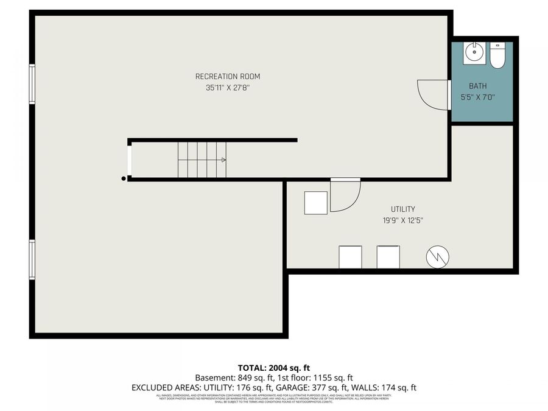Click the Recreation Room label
(x=227, y=76)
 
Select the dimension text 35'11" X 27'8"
(x=227, y=88)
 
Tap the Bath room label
(x=477, y=86)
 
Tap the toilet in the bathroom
(x=497, y=55)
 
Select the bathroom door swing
(x=432, y=94)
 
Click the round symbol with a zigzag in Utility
(x=437, y=258)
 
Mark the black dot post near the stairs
(x=124, y=178)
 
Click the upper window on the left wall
(x=32, y=84)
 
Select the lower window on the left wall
(x=32, y=259)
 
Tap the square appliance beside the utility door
(x=315, y=203)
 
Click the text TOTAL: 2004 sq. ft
(x=273, y=368)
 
